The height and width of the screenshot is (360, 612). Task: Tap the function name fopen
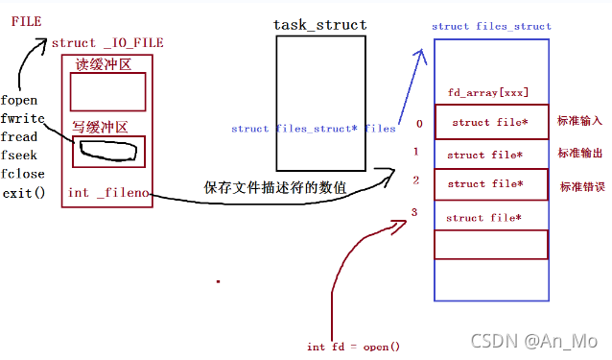click(x=19, y=100)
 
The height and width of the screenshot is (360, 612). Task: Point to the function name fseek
click(x=19, y=156)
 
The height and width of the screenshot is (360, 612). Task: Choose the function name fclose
click(x=22, y=174)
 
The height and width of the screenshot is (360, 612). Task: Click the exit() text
click(x=22, y=193)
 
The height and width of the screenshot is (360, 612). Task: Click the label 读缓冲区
click(x=103, y=63)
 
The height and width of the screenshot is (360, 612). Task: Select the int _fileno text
click(x=108, y=193)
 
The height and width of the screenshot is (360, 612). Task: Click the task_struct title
click(x=321, y=24)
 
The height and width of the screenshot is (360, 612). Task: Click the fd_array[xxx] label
click(x=487, y=92)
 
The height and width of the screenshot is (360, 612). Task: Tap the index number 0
click(x=418, y=124)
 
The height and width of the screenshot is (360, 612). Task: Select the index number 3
click(x=414, y=211)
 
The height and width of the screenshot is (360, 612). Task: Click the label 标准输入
click(x=579, y=122)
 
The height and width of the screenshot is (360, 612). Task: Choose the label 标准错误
click(x=581, y=185)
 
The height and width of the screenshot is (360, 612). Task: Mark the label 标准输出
click(x=579, y=154)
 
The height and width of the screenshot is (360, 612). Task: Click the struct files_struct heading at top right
click(x=490, y=26)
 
